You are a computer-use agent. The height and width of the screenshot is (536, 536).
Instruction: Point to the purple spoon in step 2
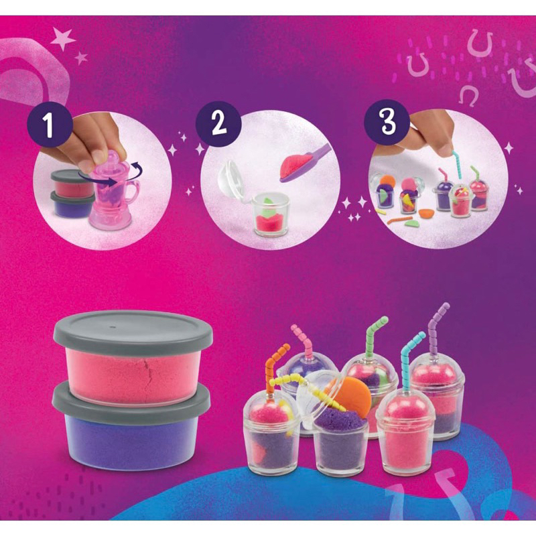coord(307,164)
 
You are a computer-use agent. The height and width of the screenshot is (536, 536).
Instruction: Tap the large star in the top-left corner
coord(63,40)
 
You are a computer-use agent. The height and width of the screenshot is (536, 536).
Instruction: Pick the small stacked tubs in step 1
coord(70,194)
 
